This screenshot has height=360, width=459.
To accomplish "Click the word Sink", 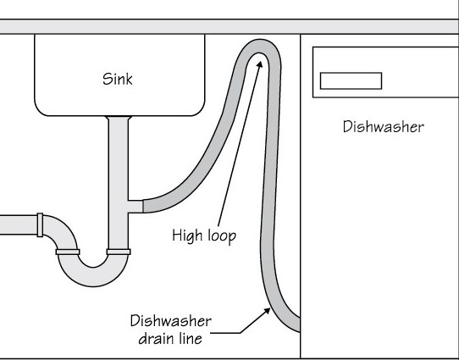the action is [x=118, y=79].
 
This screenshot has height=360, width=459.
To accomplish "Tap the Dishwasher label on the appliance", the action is [x=383, y=127].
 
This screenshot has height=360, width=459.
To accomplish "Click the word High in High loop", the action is [x=187, y=235].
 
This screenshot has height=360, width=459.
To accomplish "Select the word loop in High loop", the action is [x=222, y=235].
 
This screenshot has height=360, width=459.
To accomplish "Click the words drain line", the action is [x=170, y=339].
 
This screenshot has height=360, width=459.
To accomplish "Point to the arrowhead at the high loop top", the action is [x=259, y=64].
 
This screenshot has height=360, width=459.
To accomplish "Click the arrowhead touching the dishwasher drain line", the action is [x=267, y=311].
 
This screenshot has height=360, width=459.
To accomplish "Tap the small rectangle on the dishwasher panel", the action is [x=351, y=80].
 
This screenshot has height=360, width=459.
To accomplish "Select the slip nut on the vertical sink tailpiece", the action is [x=119, y=252].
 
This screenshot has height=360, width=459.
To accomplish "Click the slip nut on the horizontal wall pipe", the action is [x=40, y=224].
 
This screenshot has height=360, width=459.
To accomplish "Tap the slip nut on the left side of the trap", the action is [x=68, y=252].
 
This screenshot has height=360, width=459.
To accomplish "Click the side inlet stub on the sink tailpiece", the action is [x=135, y=207].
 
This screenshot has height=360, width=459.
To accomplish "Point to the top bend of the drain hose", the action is [x=259, y=46].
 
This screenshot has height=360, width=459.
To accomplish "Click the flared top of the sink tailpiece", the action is [x=119, y=118].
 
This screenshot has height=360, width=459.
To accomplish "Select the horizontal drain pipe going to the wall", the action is [x=19, y=224].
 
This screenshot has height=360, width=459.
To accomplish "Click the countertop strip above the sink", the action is [x=229, y=26].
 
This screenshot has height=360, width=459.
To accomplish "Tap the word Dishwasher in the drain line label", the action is [x=171, y=321].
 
